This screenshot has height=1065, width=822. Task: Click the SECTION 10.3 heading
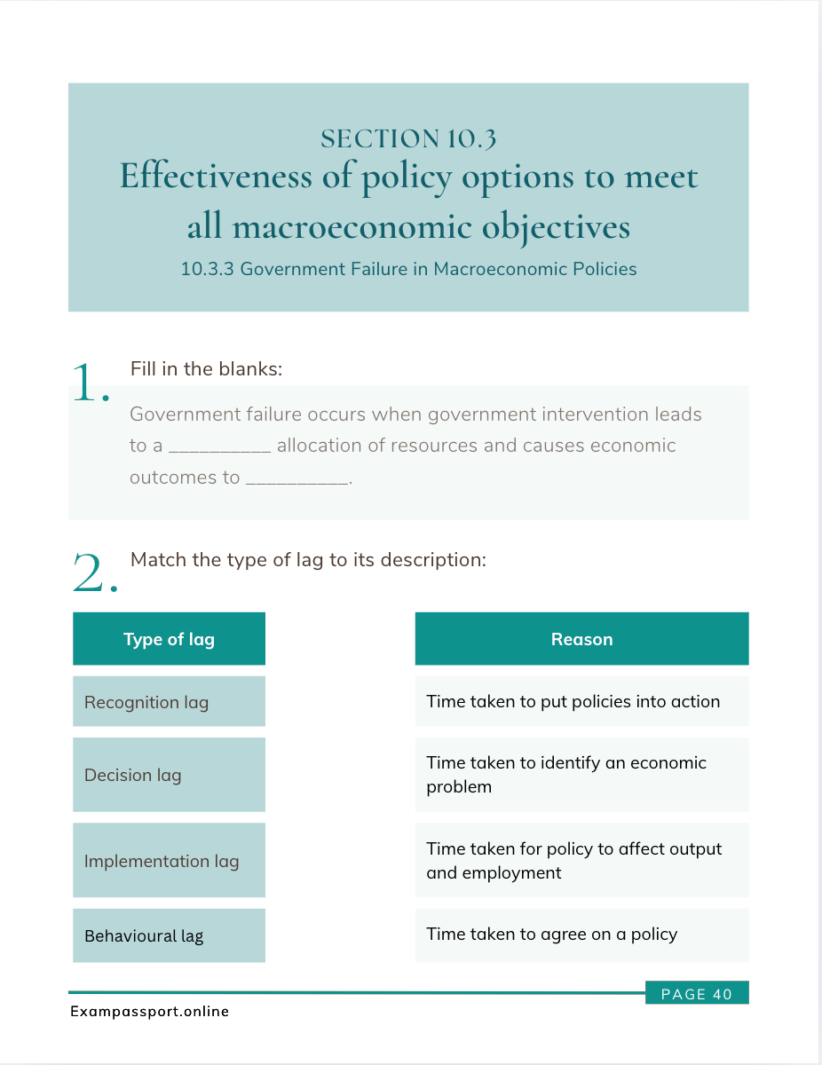pyautogui.click(x=408, y=138)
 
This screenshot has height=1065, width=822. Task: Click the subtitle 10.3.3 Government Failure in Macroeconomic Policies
pyautogui.click(x=408, y=269)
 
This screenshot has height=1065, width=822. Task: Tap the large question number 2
pyautogui.click(x=93, y=573)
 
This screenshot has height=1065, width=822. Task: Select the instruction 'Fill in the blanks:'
pyautogui.click(x=206, y=368)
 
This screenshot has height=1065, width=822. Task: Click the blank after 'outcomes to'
pyautogui.click(x=297, y=478)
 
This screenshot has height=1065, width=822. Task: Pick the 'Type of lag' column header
pyautogui.click(x=169, y=639)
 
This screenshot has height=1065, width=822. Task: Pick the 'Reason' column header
pyautogui.click(x=581, y=639)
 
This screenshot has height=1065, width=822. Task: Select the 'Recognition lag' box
pyautogui.click(x=169, y=702)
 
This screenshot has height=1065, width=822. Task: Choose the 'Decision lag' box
pyautogui.click(x=169, y=775)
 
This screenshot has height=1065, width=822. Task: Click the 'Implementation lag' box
pyautogui.click(x=169, y=861)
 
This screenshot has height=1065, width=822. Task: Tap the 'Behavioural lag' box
pyautogui.click(x=169, y=935)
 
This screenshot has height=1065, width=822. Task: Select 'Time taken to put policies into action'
pyautogui.click(x=581, y=701)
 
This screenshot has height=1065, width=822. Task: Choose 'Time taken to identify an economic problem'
pyautogui.click(x=581, y=775)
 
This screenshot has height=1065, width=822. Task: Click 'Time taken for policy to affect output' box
pyautogui.click(x=581, y=860)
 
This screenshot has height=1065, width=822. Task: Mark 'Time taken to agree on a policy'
pyautogui.click(x=581, y=934)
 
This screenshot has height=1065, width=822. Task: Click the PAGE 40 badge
pyautogui.click(x=697, y=994)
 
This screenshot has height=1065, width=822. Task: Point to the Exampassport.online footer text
pyautogui.click(x=150, y=1011)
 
